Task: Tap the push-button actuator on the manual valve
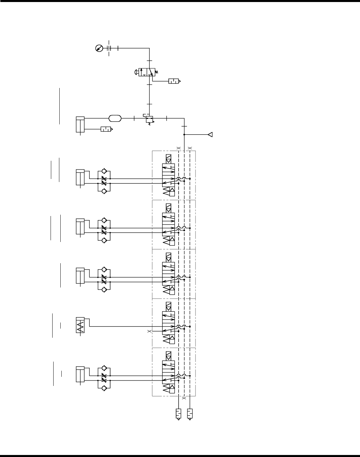136,72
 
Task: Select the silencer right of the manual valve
174,81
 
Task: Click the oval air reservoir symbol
115,118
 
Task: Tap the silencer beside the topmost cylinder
106,129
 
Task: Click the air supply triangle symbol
210,135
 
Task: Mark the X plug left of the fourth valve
149,332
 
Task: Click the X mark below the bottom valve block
184,398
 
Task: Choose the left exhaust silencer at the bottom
178,414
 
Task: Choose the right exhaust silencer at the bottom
190,414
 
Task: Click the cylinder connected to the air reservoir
80,124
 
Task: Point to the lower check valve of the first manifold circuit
104,191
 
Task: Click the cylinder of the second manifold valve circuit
80,226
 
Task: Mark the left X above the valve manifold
179,148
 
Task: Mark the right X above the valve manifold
190,148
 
